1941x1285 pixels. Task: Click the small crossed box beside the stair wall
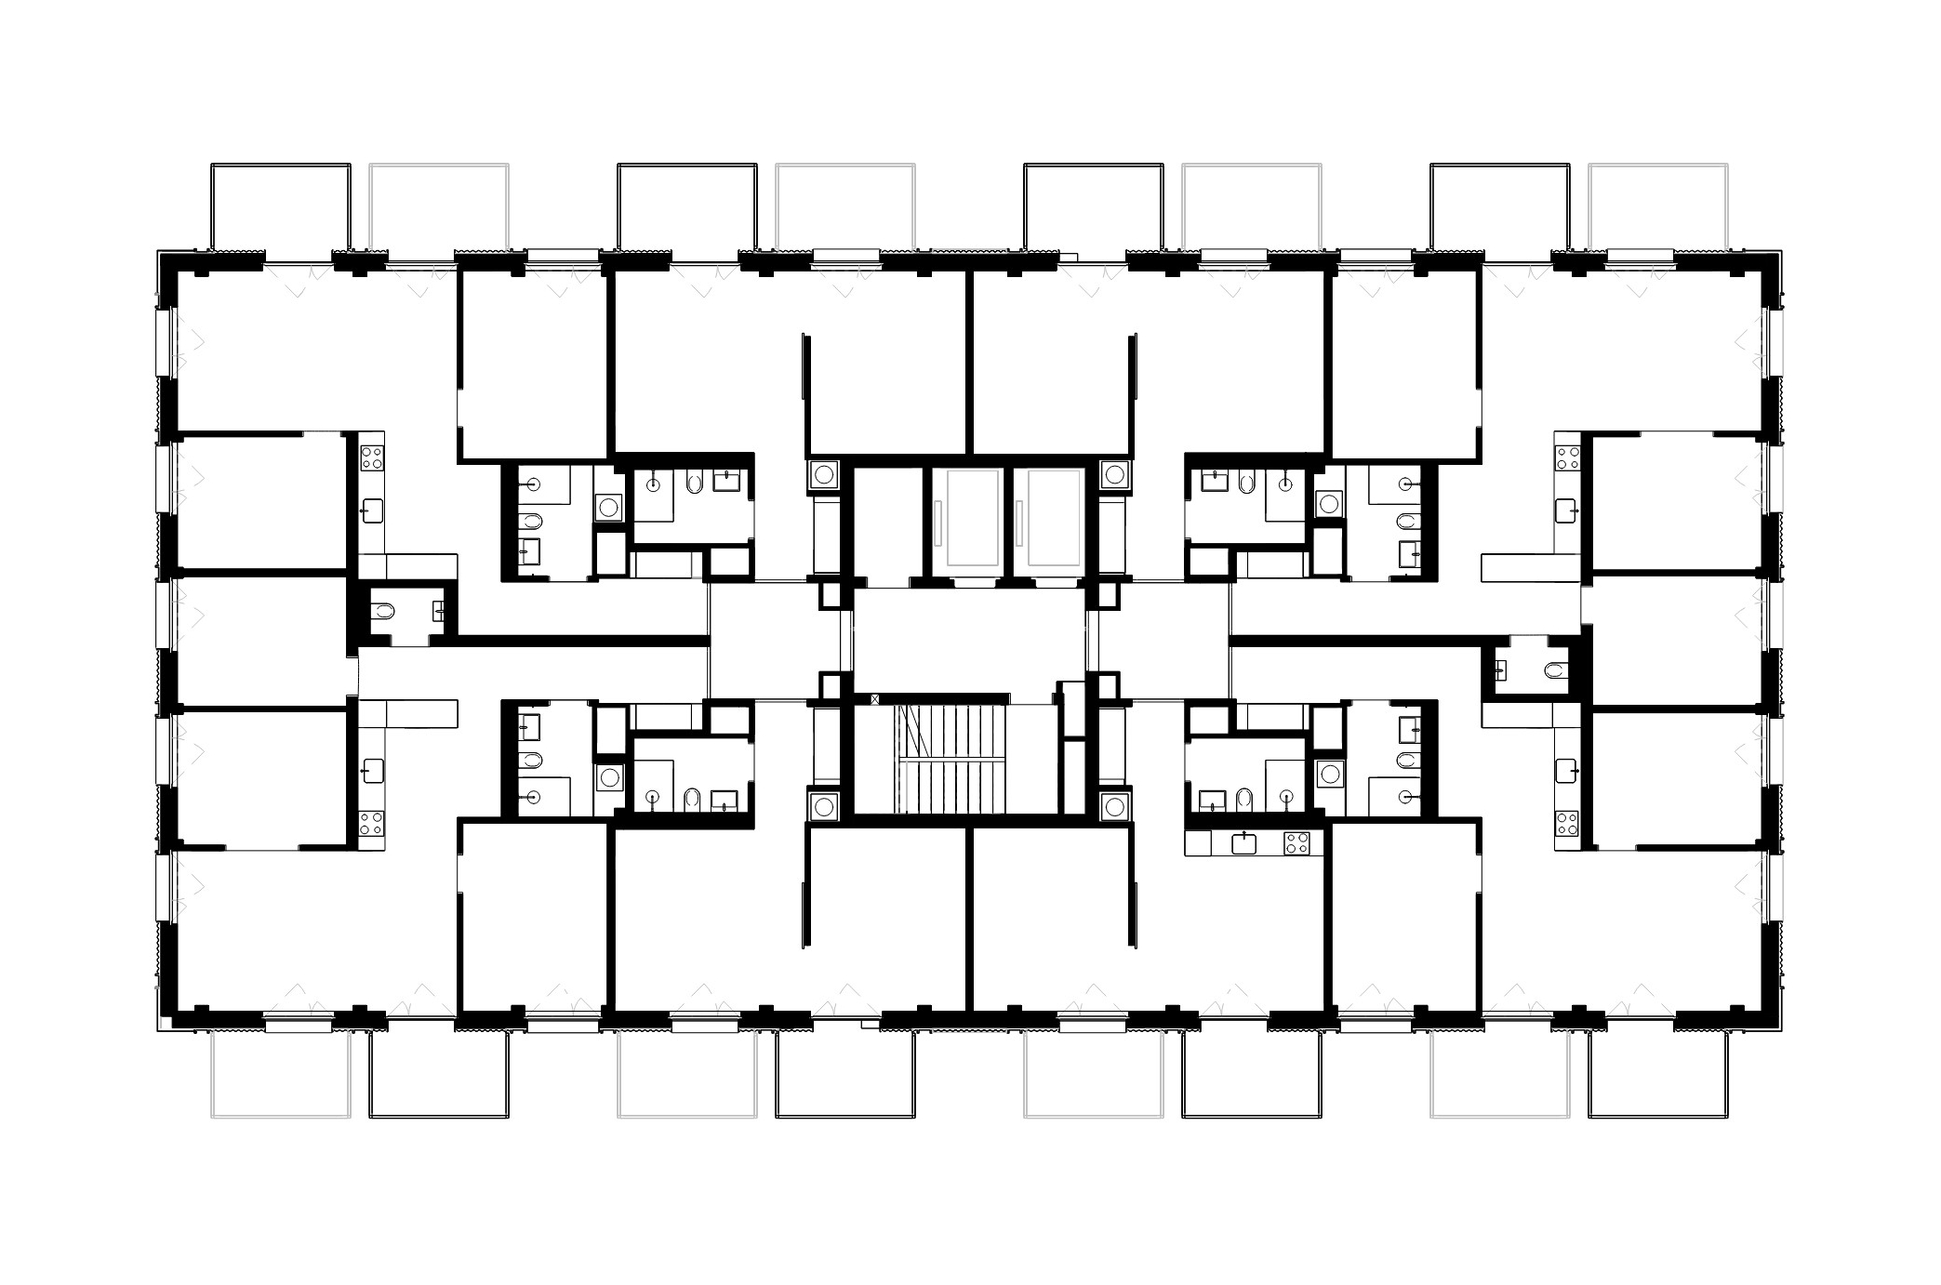874,698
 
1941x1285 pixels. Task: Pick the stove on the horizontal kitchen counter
1296,843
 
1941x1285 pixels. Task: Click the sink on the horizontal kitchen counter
1243,843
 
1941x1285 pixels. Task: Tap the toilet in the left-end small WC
383,611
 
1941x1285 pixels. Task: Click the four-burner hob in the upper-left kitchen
372,457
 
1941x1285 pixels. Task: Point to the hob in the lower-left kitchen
372,823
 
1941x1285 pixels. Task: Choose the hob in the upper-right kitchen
1567,457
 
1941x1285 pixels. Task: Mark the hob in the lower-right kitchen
1567,823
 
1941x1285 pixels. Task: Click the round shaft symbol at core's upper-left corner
824,474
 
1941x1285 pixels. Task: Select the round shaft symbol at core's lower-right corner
1114,806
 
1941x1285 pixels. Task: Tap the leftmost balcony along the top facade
281,207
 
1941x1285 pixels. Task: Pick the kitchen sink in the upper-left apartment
372,510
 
